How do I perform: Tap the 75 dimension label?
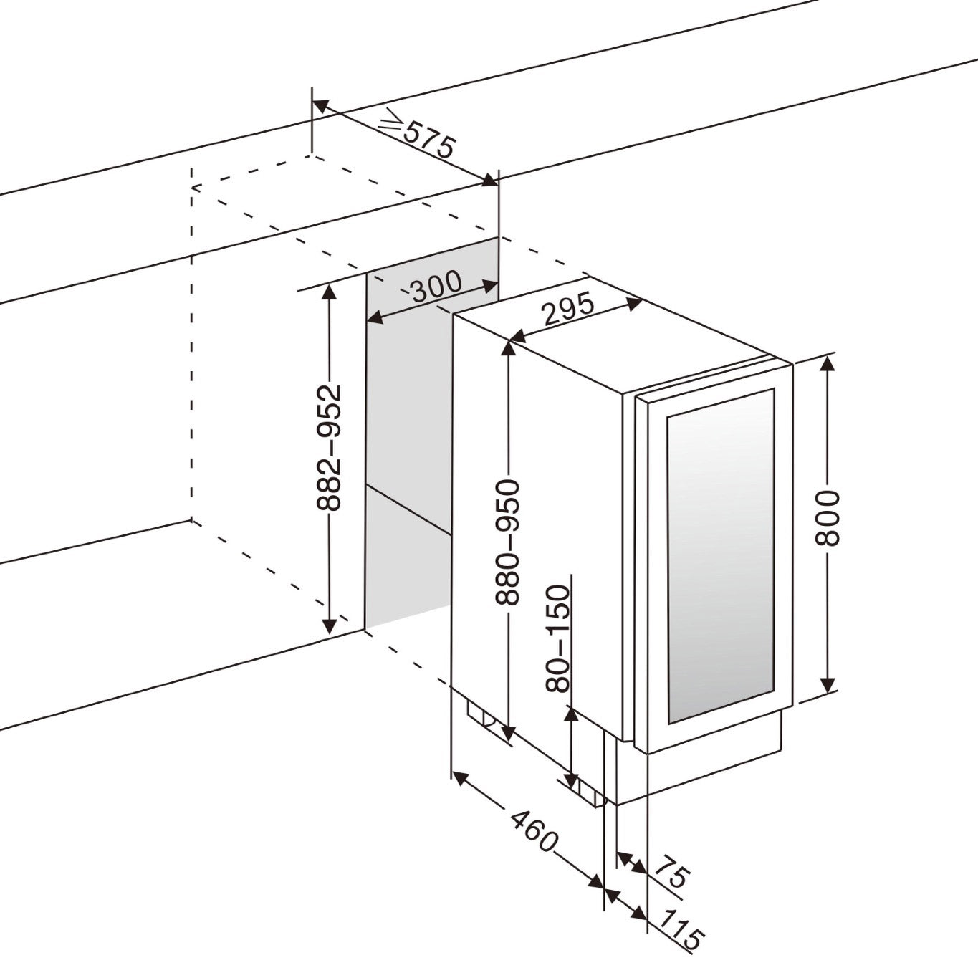point(671,876)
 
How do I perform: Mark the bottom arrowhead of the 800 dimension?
point(827,686)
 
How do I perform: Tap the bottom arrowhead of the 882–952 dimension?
point(329,626)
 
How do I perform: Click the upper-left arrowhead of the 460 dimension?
point(459,778)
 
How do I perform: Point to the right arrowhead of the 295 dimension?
point(634,302)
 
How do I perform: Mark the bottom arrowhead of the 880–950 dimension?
point(507,733)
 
